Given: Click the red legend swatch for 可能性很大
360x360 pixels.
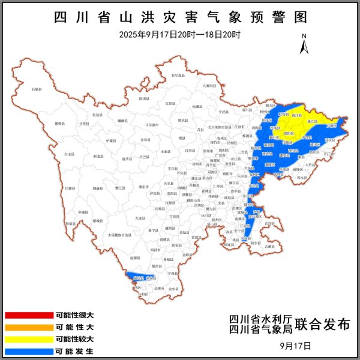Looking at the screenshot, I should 29,314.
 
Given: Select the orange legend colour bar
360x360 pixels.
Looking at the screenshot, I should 29,327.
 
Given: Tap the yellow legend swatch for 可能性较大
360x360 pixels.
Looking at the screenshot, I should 29,339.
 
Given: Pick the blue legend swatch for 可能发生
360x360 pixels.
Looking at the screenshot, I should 29,351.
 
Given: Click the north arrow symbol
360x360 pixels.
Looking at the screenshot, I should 304,43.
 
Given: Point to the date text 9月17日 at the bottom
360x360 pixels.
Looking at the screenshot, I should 296,346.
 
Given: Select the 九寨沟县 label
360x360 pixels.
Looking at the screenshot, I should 209,86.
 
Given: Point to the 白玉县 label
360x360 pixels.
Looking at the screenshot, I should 70,154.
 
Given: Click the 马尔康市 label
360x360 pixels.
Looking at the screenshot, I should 152,125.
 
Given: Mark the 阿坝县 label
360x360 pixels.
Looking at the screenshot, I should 144,97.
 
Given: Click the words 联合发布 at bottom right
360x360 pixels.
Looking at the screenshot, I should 326,325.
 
